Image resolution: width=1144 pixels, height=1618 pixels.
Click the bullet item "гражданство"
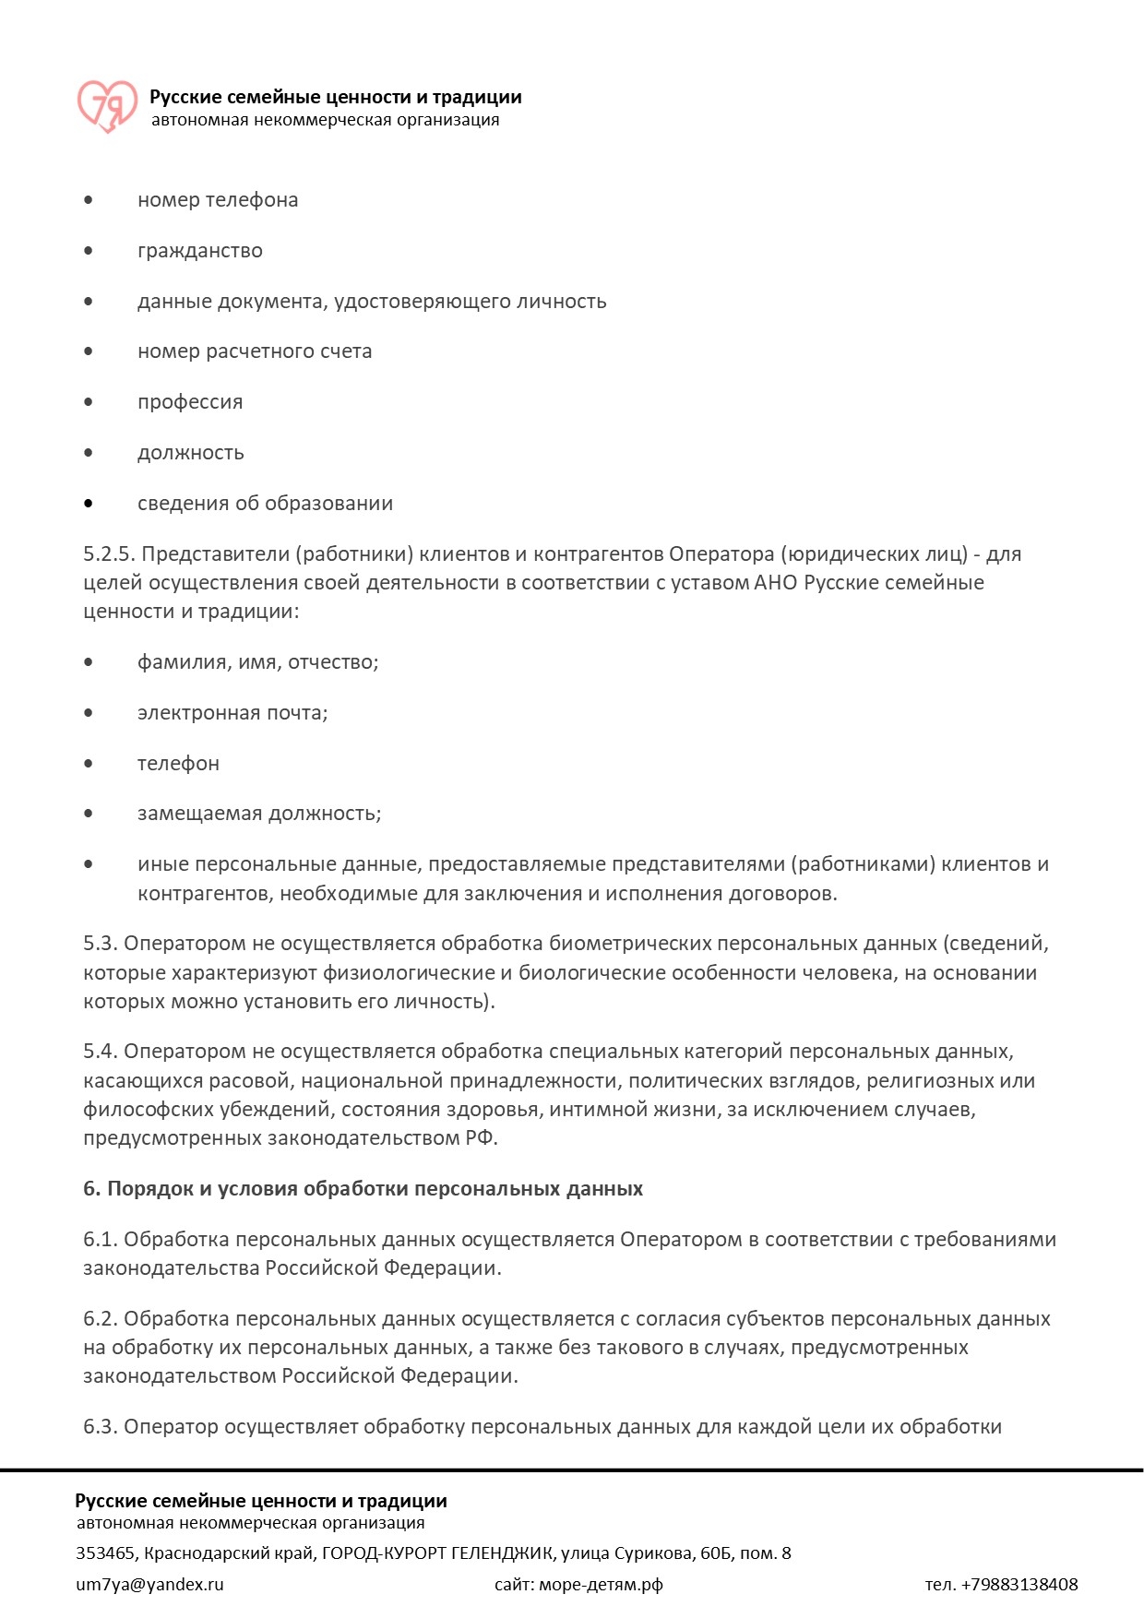point(199,251)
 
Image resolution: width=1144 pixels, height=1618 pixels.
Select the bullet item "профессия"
point(190,402)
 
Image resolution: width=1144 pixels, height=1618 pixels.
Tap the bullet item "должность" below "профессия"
point(191,453)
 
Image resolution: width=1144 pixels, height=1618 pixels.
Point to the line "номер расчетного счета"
point(255,351)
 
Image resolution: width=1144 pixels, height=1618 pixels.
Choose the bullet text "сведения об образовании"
point(265,504)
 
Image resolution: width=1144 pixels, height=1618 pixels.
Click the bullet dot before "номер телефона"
point(89,200)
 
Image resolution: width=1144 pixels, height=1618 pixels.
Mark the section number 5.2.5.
point(109,554)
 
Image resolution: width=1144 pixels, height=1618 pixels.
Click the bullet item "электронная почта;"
point(232,713)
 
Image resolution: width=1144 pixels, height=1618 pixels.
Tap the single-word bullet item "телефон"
point(178,764)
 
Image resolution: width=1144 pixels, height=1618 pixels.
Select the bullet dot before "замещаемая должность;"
point(89,814)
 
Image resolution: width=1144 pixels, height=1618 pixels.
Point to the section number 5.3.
point(100,944)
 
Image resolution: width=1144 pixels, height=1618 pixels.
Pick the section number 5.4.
point(100,1052)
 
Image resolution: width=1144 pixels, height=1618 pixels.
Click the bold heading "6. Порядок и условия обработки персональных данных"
point(363,1189)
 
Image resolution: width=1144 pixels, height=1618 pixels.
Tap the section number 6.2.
point(100,1319)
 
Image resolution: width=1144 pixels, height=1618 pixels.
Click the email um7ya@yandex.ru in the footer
point(149,1585)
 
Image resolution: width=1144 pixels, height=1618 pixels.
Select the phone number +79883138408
point(1019,1585)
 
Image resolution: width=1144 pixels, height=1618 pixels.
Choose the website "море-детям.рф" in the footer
point(601,1585)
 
